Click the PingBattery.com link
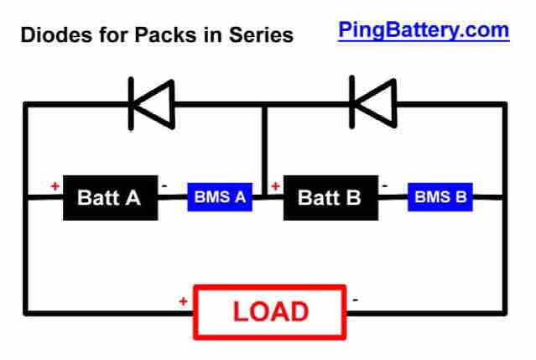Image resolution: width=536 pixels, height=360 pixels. click(x=424, y=31)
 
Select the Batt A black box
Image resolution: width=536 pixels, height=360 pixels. click(x=111, y=197)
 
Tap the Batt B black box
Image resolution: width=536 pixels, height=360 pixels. click(x=330, y=197)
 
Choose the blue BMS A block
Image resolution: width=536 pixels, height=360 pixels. click(x=220, y=197)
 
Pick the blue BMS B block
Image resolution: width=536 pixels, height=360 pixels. click(x=440, y=197)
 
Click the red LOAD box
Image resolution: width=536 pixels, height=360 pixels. click(x=270, y=312)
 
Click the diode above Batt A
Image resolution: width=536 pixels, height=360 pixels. click(x=152, y=103)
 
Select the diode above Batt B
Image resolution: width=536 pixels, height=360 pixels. click(x=373, y=102)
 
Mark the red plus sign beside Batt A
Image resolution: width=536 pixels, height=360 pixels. click(x=55, y=186)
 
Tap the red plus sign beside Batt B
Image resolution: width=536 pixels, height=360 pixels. click(x=275, y=186)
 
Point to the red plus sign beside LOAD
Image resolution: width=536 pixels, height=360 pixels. click(x=183, y=301)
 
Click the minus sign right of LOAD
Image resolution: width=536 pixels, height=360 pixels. click(x=355, y=300)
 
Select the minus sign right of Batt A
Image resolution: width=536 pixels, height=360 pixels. click(x=164, y=186)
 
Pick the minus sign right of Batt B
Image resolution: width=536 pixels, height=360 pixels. click(x=384, y=186)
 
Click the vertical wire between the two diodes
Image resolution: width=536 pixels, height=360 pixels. click(x=264, y=150)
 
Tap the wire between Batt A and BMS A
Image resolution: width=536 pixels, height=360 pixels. click(x=173, y=197)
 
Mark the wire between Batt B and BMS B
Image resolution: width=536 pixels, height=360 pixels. click(x=393, y=197)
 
